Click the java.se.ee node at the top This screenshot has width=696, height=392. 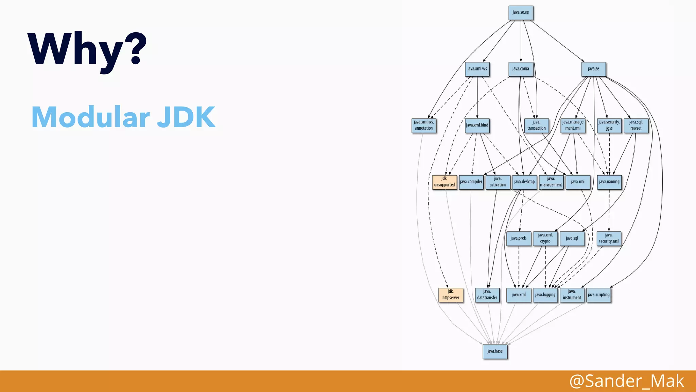click(x=521, y=13)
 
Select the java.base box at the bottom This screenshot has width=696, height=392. click(x=495, y=351)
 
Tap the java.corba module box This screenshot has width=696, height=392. click(x=521, y=69)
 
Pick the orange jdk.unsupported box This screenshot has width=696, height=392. click(x=445, y=182)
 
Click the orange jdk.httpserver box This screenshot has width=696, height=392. click(x=451, y=295)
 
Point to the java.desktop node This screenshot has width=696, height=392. click(x=524, y=182)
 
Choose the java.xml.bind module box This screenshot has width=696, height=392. click(x=477, y=125)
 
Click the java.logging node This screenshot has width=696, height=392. click(x=545, y=295)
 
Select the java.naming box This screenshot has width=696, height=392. click(x=609, y=182)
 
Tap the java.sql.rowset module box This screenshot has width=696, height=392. click(x=636, y=125)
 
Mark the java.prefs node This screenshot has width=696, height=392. click(x=519, y=238)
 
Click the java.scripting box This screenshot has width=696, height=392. click(x=599, y=295)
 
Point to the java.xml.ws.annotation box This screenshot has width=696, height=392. click(x=424, y=125)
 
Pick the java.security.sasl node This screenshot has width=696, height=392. click(x=609, y=238)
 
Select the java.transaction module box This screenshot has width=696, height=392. click(x=537, y=125)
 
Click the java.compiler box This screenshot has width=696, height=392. click(x=471, y=182)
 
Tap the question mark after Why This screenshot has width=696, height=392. click(x=138, y=48)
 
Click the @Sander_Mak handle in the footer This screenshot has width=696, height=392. click(x=627, y=381)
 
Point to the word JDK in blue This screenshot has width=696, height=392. click(x=186, y=117)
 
